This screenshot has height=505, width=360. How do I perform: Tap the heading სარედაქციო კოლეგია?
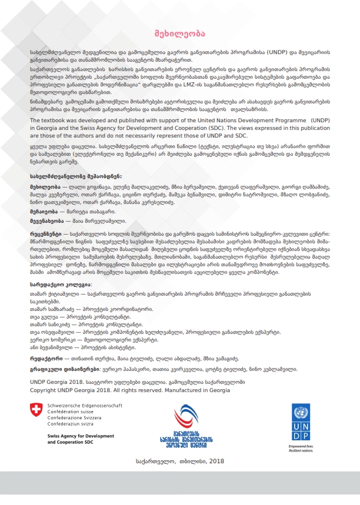click(61, 283)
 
